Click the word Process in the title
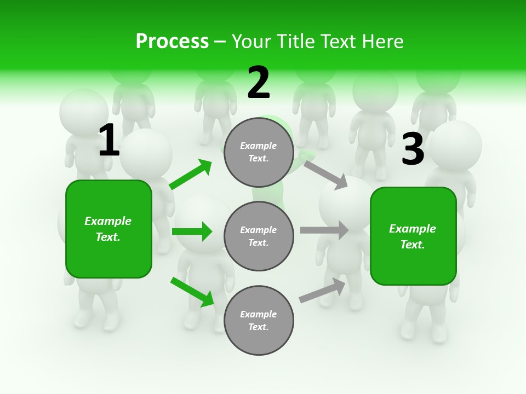click(172, 42)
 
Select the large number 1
click(108, 141)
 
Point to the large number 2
click(259, 83)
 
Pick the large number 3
click(413, 149)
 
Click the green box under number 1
click(108, 229)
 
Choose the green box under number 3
click(413, 236)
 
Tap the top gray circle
click(259, 152)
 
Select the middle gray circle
click(259, 236)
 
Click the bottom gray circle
click(259, 321)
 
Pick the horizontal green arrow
click(192, 231)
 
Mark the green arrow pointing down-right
click(192, 292)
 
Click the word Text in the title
click(340, 42)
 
